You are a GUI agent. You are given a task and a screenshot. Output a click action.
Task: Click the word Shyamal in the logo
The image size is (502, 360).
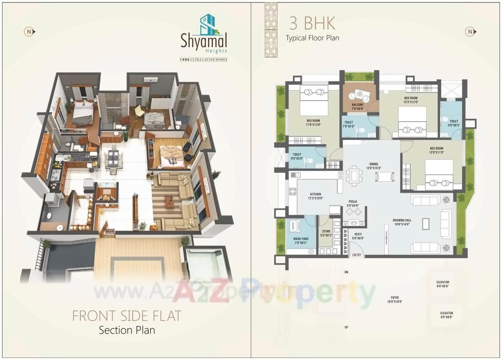pos(204,41)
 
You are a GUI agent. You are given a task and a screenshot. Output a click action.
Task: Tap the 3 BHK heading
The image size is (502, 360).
pos(312,24)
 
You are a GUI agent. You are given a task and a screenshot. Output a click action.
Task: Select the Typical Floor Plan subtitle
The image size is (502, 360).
pos(312,38)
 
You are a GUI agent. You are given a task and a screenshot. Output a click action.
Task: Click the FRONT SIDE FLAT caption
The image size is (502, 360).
pos(127,316)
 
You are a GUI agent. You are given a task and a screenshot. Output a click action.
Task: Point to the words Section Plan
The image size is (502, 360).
pos(127,330)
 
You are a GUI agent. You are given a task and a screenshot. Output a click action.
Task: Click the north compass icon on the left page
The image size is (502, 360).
pos(29,32)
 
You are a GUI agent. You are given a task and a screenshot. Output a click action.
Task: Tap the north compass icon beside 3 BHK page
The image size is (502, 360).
pos(470,32)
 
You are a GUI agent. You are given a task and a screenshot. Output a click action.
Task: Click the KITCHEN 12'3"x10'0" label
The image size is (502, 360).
pos(315,196)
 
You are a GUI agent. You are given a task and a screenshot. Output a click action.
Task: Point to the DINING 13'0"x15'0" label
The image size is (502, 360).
pos(373,165)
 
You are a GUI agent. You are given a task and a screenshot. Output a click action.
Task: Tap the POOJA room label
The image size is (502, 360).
pos(353,204)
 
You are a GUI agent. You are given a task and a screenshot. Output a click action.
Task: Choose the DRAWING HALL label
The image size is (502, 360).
pos(402,222)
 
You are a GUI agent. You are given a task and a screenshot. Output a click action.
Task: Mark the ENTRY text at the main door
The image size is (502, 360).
pos(357,255)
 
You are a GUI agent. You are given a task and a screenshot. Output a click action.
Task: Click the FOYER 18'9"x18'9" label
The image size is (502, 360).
pos(395,299)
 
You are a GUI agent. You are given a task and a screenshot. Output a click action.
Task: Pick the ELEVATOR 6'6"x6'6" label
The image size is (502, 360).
pos(443,284)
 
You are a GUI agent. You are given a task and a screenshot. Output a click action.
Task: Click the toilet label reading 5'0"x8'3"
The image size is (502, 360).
pos(454,123)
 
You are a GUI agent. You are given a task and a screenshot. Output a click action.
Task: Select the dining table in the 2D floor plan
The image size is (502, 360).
pos(354,176)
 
